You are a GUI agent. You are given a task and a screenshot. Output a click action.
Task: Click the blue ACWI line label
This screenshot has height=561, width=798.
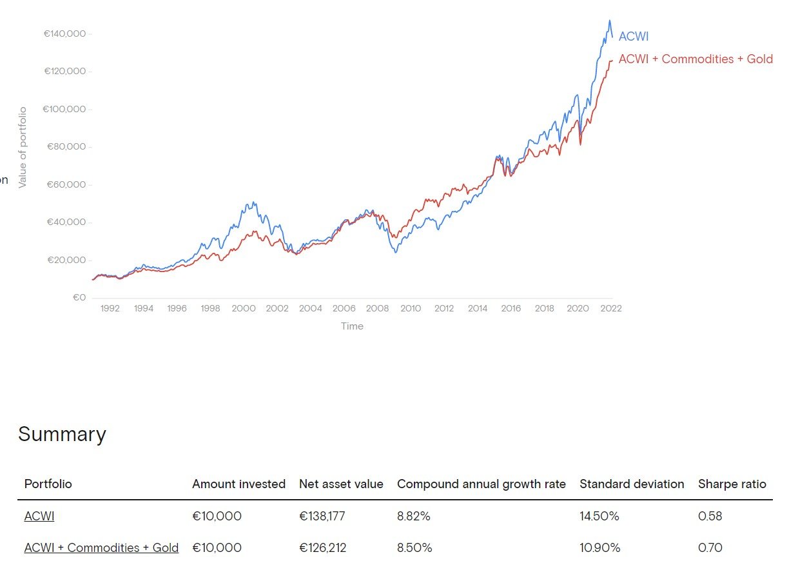click(x=633, y=37)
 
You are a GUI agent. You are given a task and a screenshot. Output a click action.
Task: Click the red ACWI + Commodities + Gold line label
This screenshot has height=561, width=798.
click(x=695, y=59)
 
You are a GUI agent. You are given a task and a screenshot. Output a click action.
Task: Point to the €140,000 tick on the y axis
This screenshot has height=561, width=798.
click(x=64, y=34)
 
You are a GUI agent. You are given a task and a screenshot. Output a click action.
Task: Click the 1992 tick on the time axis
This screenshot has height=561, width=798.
click(x=110, y=309)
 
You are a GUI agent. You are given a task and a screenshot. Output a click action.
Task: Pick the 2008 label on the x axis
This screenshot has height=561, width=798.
click(x=377, y=309)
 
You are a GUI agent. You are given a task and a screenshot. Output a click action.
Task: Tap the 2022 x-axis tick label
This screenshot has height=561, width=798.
click(x=611, y=309)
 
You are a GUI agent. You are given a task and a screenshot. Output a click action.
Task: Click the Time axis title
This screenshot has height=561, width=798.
click(x=352, y=326)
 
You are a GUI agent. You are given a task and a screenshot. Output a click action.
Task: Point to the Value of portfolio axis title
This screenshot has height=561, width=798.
click(x=23, y=148)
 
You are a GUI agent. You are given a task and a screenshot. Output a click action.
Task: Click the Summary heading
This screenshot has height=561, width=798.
click(x=62, y=434)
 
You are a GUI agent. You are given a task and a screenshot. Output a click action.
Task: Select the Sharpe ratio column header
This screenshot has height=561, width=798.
click(x=732, y=484)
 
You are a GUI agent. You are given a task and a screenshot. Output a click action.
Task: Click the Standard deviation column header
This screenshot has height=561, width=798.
click(x=632, y=484)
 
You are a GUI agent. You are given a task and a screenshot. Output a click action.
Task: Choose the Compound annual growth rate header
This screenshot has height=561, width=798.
click(x=481, y=484)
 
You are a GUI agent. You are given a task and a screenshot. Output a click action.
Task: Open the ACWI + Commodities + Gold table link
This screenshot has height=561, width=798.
click(x=101, y=548)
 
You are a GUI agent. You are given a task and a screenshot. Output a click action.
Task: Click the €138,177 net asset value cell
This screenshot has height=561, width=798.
click(x=322, y=517)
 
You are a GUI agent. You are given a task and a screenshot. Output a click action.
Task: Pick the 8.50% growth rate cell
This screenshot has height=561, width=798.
click(x=414, y=548)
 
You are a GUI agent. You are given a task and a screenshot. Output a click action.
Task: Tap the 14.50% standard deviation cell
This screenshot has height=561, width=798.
click(x=599, y=517)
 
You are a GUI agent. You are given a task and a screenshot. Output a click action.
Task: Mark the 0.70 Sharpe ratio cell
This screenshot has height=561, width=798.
click(x=710, y=548)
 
